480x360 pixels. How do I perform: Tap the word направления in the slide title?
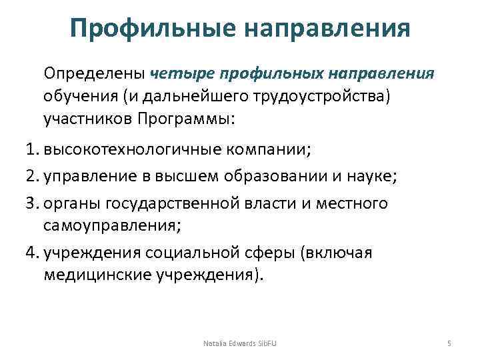[x=326, y=29]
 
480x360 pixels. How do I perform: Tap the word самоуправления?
[x=111, y=225]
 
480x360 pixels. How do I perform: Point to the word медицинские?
[x=99, y=275]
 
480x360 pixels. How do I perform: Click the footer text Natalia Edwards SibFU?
[x=239, y=343]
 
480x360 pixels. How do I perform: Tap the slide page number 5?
[x=449, y=343]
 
